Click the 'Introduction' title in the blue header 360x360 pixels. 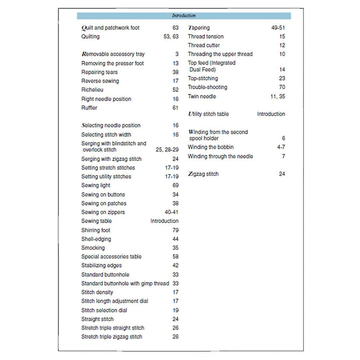(184, 16)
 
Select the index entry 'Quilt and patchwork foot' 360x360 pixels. (110, 28)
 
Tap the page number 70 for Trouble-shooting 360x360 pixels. (281, 87)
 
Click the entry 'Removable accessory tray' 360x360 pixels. (112, 54)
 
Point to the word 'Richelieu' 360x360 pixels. (93, 90)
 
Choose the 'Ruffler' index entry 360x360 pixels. (89, 108)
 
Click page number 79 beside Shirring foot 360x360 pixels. (175, 230)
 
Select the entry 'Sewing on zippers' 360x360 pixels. (103, 212)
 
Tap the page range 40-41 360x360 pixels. (172, 212)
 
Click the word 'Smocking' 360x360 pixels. (93, 248)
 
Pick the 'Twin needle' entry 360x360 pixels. (202, 96)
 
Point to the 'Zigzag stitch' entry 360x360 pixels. (203, 174)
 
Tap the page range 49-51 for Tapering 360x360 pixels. (277, 28)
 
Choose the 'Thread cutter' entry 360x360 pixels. (204, 46)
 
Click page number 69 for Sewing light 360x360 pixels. (175, 185)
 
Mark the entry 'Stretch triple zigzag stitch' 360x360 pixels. (112, 337)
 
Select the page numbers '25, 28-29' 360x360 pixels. (167, 150)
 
